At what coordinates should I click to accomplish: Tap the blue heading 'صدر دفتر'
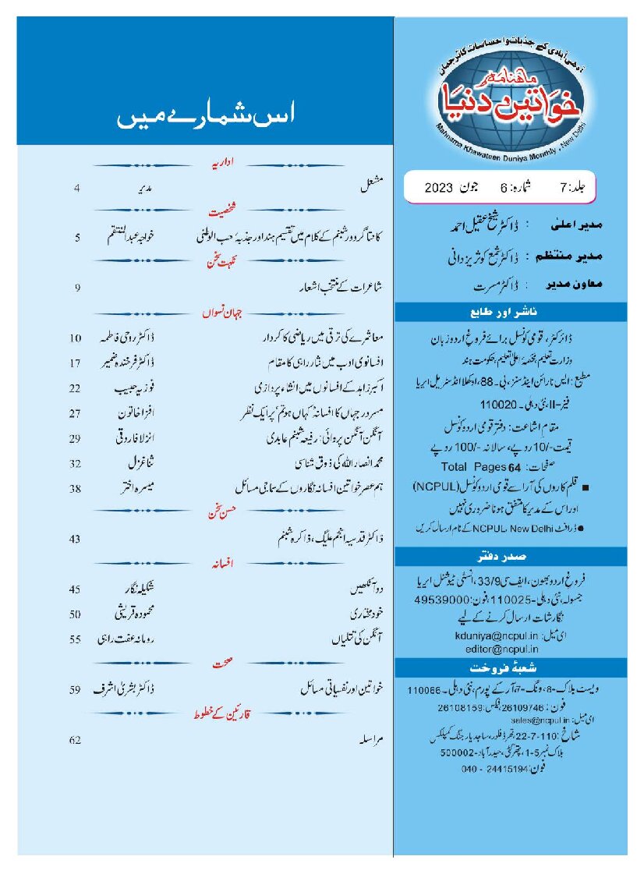511,557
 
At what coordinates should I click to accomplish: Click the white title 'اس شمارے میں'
205,119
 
